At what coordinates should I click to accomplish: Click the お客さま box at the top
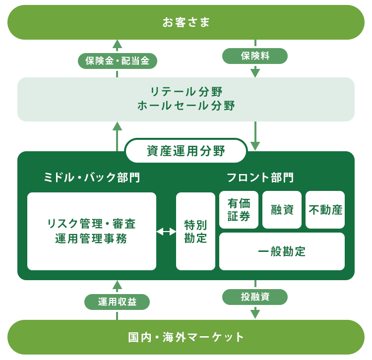186,22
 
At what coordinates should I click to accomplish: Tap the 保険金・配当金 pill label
118,61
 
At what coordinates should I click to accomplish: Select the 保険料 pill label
255,56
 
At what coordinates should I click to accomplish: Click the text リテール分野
186,92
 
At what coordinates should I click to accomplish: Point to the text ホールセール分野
186,106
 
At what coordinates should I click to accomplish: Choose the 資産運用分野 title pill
186,151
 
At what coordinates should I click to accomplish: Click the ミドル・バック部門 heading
91,178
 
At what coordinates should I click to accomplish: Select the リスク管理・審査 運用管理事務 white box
92,231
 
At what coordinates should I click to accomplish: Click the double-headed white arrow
166,232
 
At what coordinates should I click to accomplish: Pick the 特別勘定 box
195,231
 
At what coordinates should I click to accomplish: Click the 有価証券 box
239,210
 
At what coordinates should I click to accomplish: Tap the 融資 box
282,210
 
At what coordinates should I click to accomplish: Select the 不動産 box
325,210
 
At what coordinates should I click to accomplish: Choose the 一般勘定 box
282,251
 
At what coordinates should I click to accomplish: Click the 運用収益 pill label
117,301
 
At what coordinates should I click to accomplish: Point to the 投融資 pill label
255,297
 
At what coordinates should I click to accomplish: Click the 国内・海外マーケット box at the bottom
186,337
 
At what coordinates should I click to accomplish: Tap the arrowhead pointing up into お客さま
117,44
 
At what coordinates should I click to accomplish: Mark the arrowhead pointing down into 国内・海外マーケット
255,313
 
